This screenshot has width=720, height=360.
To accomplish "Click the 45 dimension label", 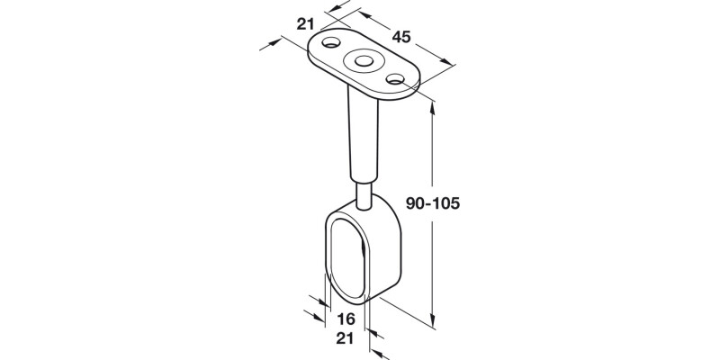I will pyautogui.click(x=401, y=38).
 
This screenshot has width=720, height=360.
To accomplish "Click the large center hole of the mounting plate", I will pyautogui.click(x=364, y=61).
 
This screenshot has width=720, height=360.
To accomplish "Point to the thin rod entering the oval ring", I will pyautogui.click(x=364, y=193).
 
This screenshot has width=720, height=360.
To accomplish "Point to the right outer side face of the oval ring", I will pyautogui.click(x=382, y=256).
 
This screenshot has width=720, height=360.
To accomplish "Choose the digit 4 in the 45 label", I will pyautogui.click(x=395, y=38).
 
